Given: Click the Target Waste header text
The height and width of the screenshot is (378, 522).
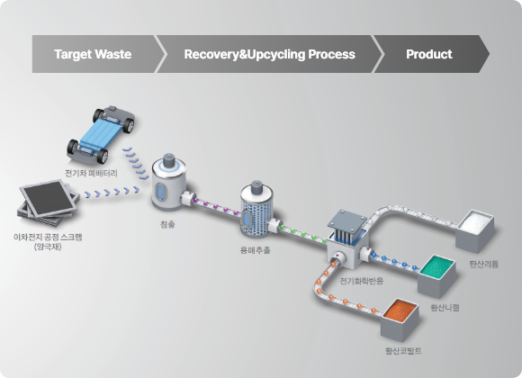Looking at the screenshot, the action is click(x=93, y=54).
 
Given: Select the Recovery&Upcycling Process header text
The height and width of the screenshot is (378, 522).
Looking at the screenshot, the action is click(x=270, y=54).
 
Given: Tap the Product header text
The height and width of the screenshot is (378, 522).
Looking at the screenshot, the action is click(x=428, y=54).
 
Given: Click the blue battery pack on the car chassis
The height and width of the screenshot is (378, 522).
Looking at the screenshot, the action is click(x=99, y=133).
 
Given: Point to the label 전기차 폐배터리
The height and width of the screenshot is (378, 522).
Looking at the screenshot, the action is click(x=91, y=173).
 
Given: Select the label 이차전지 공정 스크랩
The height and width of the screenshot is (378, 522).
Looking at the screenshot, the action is click(x=48, y=237).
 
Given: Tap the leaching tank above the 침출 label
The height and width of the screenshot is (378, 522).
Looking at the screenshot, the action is click(x=168, y=184).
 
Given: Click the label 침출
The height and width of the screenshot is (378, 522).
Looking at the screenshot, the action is click(x=167, y=224).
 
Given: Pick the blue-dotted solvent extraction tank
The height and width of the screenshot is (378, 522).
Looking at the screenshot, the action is click(x=256, y=211).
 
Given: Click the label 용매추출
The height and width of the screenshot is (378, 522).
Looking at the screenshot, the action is click(x=256, y=250).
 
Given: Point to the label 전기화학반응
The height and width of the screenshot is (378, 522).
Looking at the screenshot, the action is click(x=361, y=281).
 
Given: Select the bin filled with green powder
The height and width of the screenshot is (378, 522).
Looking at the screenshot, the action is click(x=436, y=275).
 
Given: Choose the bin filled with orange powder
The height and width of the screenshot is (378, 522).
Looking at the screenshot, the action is click(x=400, y=319).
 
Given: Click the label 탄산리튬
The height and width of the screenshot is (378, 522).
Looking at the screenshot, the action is click(x=483, y=265).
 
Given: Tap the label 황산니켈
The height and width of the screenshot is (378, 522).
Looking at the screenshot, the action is click(x=445, y=308).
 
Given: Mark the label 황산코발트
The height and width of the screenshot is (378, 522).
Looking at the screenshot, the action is click(x=403, y=351).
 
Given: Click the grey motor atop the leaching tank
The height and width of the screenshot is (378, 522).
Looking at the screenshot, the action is click(x=169, y=159).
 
